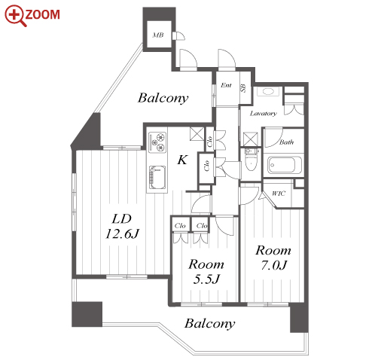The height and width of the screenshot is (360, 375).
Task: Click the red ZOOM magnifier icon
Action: click(15, 16)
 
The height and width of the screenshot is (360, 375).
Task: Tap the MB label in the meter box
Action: click(158, 35)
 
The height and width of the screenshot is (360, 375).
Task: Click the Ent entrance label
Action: click(226, 85)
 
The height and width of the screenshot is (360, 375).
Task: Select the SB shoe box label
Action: click(243, 88)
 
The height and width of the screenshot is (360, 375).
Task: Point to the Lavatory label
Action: click(264, 114)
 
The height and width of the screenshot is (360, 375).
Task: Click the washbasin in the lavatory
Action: click(268, 91)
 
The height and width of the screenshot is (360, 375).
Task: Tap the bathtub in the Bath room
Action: click(285, 165)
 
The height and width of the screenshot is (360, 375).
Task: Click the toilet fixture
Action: click(252, 159)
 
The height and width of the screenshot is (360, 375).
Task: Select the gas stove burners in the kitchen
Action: click(157, 142)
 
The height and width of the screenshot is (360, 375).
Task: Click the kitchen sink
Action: click(157, 178)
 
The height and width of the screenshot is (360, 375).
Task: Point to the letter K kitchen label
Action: click(182, 160)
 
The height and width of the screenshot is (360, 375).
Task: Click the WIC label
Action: click(279, 194)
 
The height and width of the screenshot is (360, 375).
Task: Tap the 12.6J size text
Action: click(122, 234)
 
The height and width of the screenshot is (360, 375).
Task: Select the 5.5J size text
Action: click(206, 279)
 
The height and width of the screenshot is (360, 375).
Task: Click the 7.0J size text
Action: click(273, 265)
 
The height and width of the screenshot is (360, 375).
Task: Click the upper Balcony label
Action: click(163, 98)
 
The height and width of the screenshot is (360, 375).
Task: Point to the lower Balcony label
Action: click(210, 323)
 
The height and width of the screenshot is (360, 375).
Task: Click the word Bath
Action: click(286, 142)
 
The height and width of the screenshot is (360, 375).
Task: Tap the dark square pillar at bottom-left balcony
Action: click(87, 314)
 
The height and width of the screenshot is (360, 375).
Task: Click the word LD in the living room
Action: click(122, 219)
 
